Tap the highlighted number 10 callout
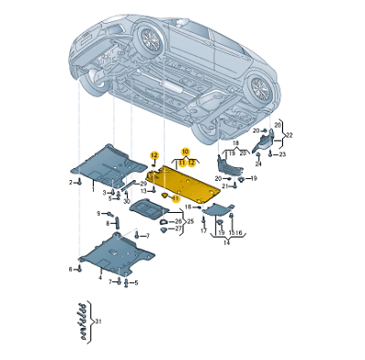coord(184,151)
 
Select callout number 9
coord(99,213)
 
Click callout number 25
coord(191,221)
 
